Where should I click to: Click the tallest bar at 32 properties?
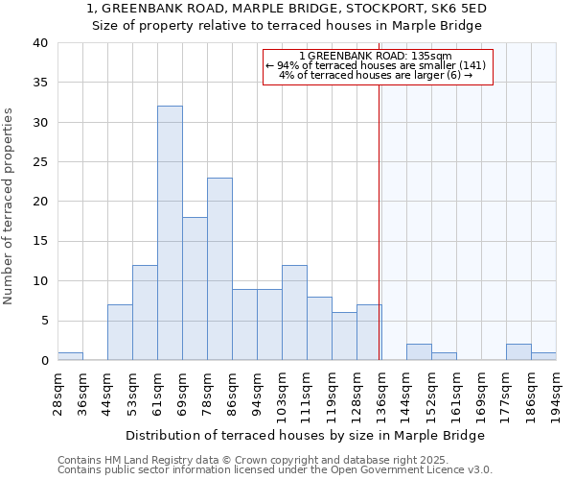[170, 233]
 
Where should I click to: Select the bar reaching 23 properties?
[219, 269]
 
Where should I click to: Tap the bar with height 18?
[195, 288]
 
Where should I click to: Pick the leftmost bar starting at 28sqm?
[70, 356]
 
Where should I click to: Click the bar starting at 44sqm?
[120, 332]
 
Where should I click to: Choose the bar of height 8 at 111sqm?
[319, 328]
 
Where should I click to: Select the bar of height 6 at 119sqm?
[344, 336]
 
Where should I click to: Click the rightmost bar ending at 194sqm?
[543, 356]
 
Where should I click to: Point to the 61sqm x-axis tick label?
[157, 391]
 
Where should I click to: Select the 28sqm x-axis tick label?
[57, 391]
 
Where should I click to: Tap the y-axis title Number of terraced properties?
[9, 206]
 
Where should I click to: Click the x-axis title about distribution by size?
[306, 435]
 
